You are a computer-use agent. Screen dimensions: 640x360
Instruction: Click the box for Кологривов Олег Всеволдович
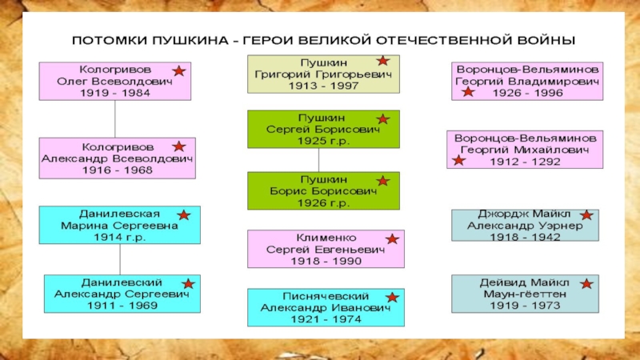click(115, 81)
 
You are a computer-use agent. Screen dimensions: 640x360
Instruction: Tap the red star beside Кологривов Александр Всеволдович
click(178, 146)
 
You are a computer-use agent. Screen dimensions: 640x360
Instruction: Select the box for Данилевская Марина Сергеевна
click(119, 226)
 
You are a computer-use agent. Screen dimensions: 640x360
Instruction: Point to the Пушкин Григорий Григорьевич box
click(323, 74)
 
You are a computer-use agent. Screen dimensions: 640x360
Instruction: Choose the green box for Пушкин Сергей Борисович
click(323, 129)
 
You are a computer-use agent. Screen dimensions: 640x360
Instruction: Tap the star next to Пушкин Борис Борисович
click(383, 181)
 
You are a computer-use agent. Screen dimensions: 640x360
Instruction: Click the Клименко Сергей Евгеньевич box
click(325, 250)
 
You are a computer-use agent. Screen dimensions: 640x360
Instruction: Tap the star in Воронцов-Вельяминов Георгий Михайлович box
click(458, 161)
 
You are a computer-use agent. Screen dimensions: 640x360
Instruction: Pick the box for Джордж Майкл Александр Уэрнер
click(525, 226)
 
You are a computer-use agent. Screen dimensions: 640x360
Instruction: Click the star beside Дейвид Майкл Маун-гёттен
click(586, 283)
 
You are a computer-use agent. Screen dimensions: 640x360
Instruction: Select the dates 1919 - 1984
click(115, 93)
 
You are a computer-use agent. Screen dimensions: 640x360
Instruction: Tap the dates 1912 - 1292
click(525, 162)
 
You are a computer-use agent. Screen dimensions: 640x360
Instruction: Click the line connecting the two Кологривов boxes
click(115, 118)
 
